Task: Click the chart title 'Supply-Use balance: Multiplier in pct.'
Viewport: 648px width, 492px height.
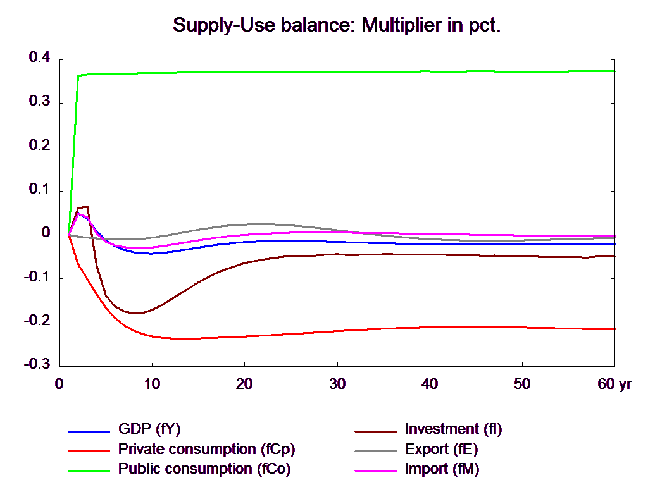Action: click(x=337, y=25)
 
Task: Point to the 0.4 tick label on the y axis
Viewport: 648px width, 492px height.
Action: click(x=39, y=57)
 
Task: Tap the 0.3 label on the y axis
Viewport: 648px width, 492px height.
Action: click(x=39, y=101)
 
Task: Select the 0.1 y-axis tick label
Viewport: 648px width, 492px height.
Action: click(x=39, y=188)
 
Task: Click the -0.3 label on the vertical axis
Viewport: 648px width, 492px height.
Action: click(x=37, y=364)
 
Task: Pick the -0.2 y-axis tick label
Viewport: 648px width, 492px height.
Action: click(x=37, y=320)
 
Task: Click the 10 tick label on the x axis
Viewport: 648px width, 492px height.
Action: click(x=152, y=384)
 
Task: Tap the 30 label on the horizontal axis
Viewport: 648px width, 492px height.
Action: click(x=337, y=384)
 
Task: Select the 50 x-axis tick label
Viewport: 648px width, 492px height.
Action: click(x=521, y=384)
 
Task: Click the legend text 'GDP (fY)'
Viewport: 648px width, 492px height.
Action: click(x=149, y=429)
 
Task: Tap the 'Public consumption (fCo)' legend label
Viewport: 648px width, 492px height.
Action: click(x=205, y=469)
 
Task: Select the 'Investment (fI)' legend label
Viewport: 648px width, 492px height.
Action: click(x=453, y=429)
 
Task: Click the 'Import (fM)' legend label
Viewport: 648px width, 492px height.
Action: click(x=442, y=469)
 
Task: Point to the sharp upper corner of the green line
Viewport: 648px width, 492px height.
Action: click(x=78, y=75)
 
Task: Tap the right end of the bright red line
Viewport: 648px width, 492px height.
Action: click(x=615, y=329)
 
